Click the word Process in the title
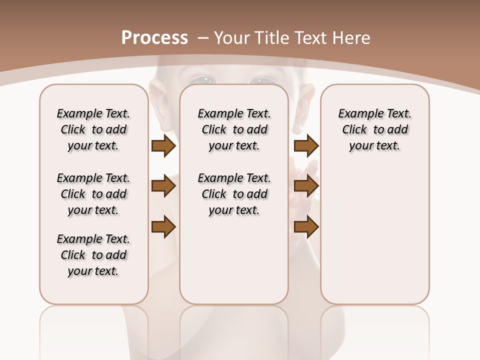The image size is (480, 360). point(154,37)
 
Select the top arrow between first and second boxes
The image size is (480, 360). point(163,145)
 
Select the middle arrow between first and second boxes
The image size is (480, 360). point(163,186)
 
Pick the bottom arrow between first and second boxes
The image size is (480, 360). point(163,227)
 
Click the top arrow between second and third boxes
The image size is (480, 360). point(306,145)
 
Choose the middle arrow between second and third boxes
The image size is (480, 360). point(306,186)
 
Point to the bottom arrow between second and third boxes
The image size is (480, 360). point(306,227)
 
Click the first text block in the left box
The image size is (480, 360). point(93,129)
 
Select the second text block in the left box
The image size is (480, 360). point(93,194)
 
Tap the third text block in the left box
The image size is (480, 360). point(93,255)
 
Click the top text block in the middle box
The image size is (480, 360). point(234,129)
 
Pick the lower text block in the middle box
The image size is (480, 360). point(234,194)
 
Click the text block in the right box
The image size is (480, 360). point(375,129)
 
